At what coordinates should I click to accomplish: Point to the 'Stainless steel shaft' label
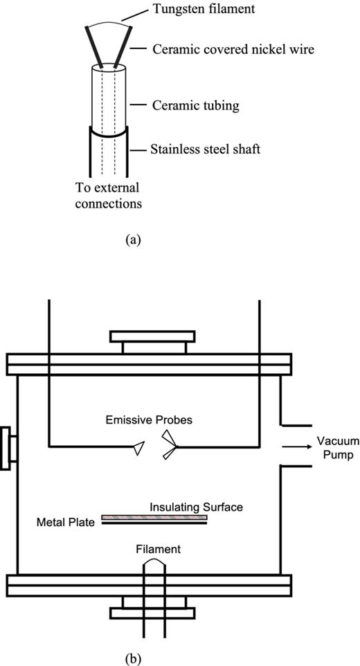pyautogui.click(x=206, y=150)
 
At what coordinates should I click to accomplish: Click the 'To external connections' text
pyautogui.click(x=107, y=196)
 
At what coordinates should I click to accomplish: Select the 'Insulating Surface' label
pyautogui.click(x=197, y=507)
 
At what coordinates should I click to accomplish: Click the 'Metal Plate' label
pyautogui.click(x=64, y=521)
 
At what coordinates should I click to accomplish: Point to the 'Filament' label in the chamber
pyautogui.click(x=159, y=549)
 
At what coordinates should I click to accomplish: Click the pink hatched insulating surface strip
pyautogui.click(x=154, y=516)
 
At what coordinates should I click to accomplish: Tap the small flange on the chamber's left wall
pyautogui.click(x=5, y=448)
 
